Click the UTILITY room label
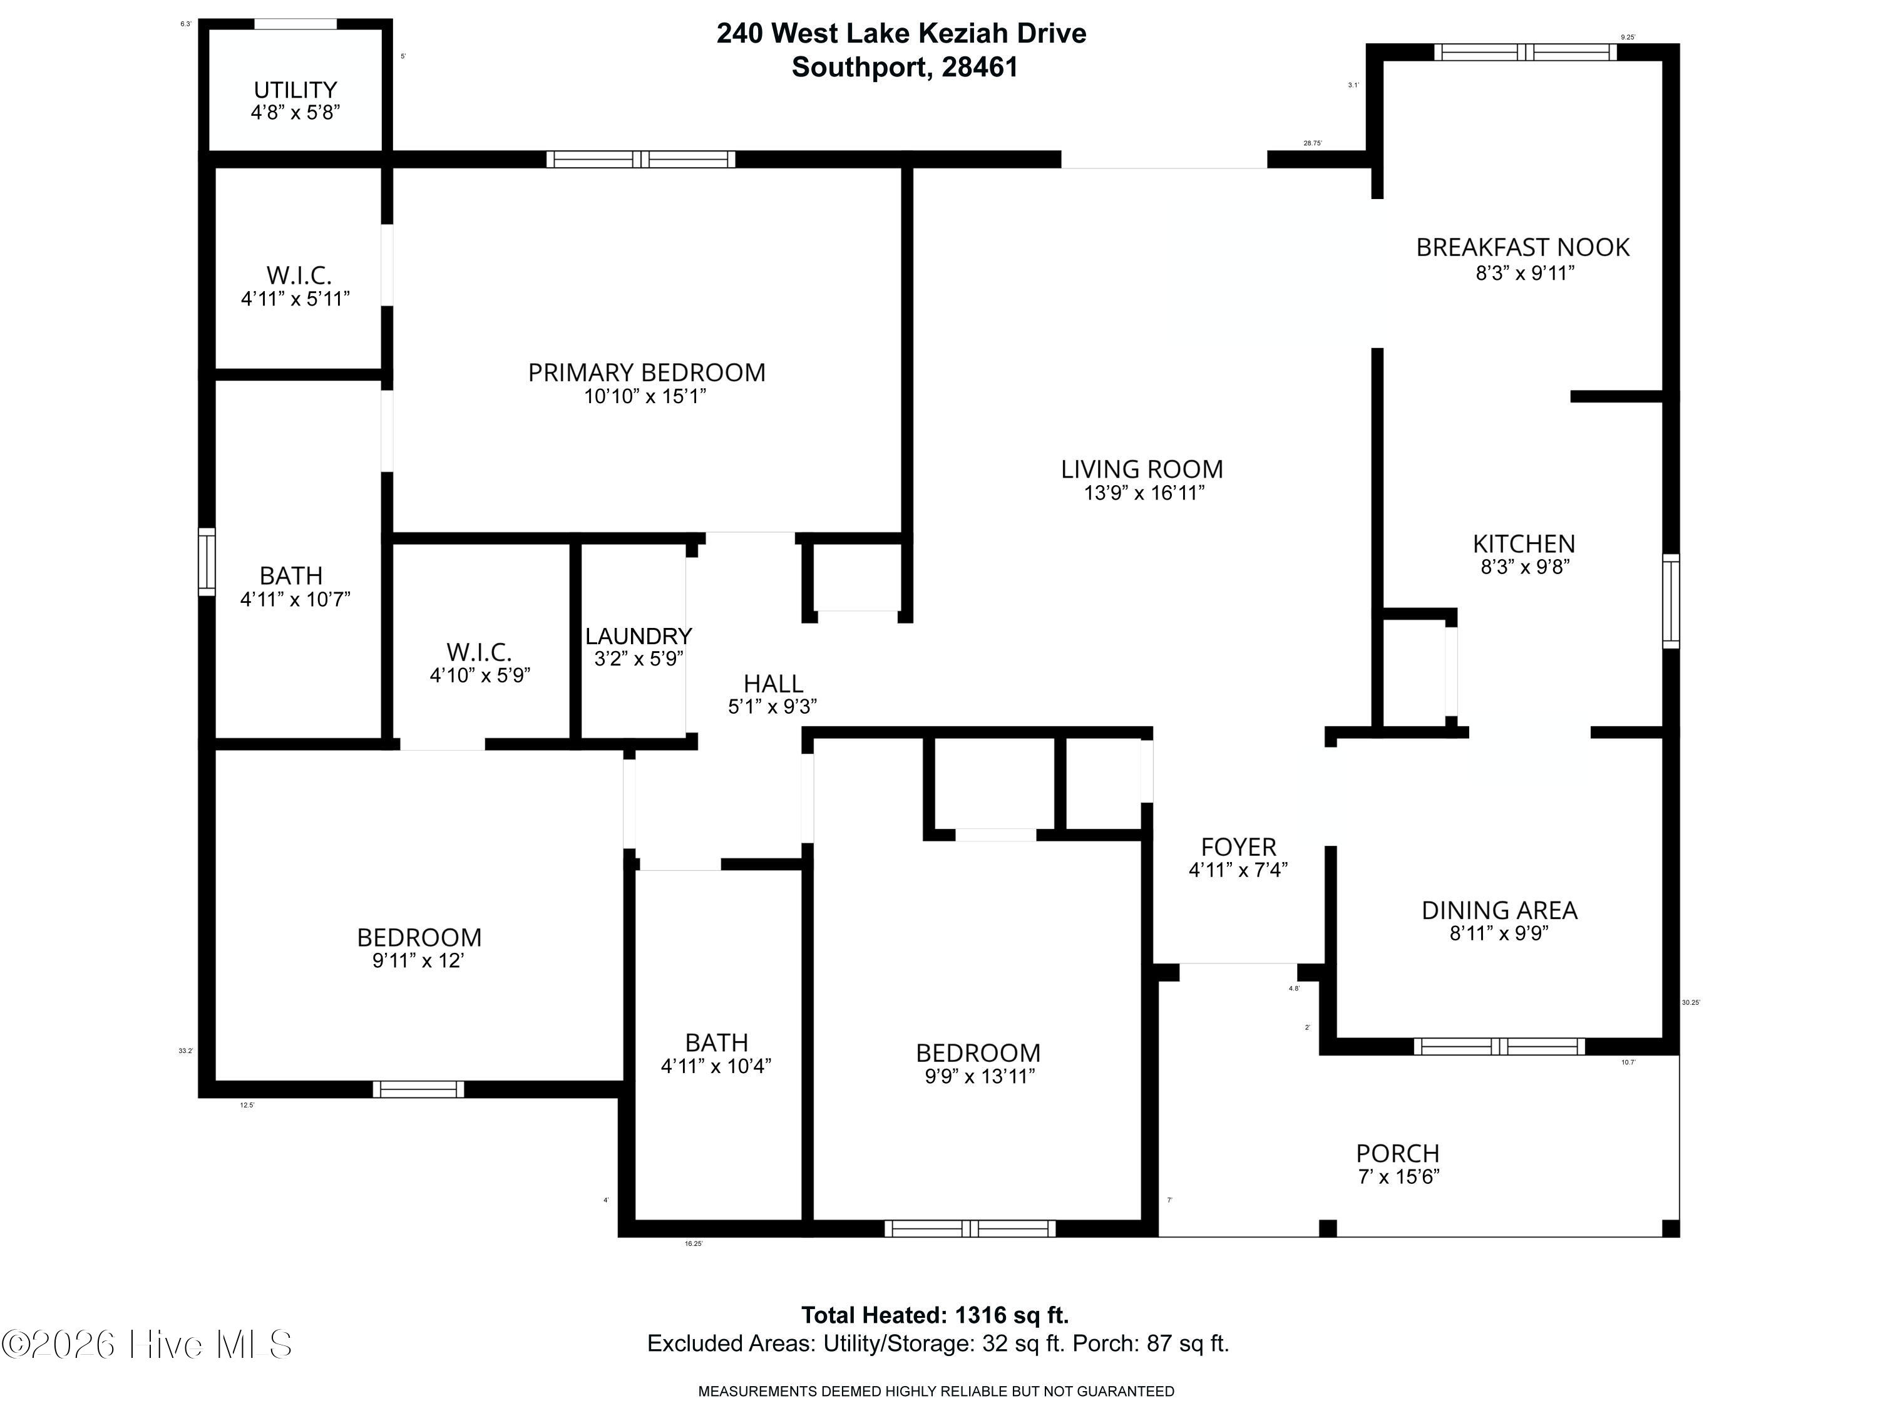(295, 90)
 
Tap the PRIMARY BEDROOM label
(646, 373)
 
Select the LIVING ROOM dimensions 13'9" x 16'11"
(1144, 493)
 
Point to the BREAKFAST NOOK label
(1522, 247)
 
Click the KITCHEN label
(1523, 543)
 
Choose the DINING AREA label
(1499, 910)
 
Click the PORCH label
(1397, 1153)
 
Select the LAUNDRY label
(638, 636)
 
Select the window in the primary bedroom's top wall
(640, 159)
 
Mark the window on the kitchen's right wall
(1670, 601)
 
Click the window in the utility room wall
(295, 24)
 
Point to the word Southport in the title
(858, 67)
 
